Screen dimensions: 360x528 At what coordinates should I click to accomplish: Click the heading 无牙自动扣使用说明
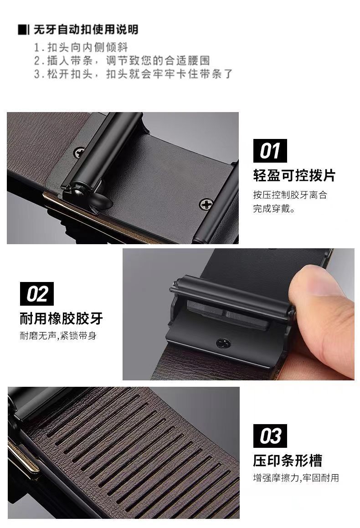(x=86, y=30)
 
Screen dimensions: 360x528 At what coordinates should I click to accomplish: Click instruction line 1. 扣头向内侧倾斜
(x=81, y=47)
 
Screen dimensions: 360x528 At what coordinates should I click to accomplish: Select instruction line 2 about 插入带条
(x=122, y=61)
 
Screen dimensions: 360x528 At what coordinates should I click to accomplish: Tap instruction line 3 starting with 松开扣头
(x=134, y=74)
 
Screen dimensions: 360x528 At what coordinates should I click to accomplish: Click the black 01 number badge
(x=270, y=150)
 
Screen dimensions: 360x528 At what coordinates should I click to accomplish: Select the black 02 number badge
(x=37, y=294)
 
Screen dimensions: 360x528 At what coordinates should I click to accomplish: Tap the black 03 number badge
(x=270, y=436)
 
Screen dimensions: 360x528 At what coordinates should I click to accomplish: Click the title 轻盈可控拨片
(x=294, y=175)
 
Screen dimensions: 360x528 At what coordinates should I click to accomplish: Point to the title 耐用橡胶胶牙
(x=61, y=318)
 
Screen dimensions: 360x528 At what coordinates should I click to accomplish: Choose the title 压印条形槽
(x=288, y=461)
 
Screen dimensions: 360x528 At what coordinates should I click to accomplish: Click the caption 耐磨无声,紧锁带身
(x=58, y=336)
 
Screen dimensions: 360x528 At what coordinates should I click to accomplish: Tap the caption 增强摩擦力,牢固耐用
(x=296, y=478)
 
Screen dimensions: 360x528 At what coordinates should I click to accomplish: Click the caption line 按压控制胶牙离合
(x=290, y=195)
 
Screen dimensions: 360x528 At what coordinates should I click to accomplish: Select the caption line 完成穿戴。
(x=274, y=209)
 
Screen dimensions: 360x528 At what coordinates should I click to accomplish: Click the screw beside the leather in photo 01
(x=79, y=153)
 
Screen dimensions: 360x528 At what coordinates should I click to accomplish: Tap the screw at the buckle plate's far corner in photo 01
(x=206, y=204)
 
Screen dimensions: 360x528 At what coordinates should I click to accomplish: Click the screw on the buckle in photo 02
(x=222, y=343)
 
